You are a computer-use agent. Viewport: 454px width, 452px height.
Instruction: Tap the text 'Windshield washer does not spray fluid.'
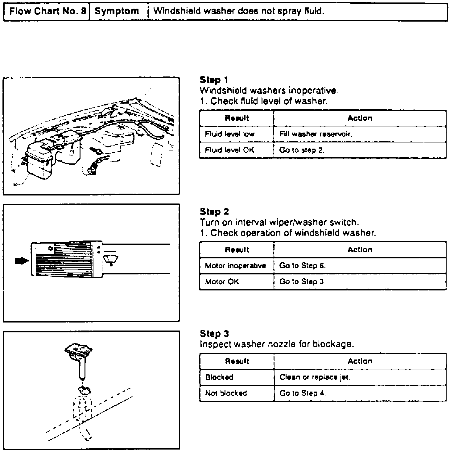(x=239, y=12)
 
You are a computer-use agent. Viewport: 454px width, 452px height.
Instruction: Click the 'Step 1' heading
(x=214, y=80)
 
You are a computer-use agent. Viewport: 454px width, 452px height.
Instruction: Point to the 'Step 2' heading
(x=214, y=212)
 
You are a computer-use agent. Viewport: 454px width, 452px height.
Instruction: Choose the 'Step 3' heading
(x=214, y=334)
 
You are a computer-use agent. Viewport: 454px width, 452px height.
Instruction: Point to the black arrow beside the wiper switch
(x=21, y=261)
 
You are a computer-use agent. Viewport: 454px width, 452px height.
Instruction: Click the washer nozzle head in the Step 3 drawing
(x=79, y=349)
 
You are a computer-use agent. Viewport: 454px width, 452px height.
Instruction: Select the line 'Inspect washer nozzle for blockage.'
(x=277, y=344)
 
